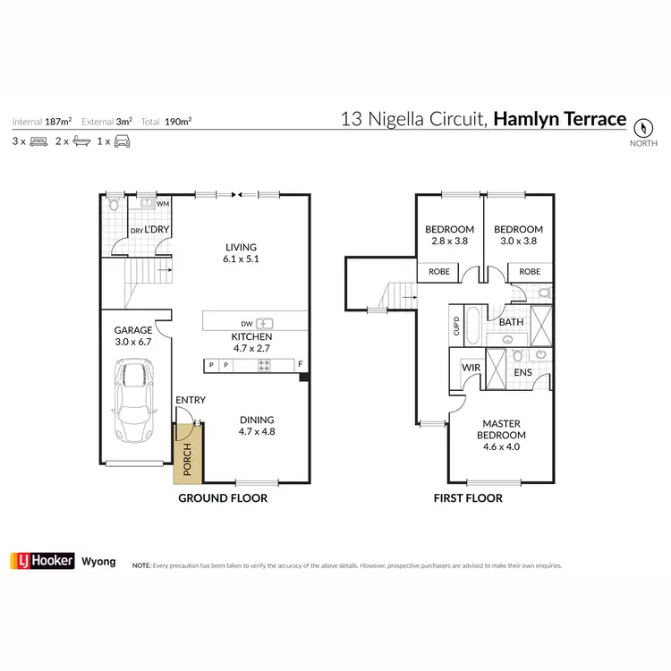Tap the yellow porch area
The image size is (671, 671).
click(188, 454)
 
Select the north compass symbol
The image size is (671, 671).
click(642, 127)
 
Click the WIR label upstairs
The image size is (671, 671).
click(471, 368)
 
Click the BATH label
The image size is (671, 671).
click(511, 322)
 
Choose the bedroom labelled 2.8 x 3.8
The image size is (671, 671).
click(448, 234)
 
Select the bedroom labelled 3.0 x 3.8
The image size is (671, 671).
click(517, 234)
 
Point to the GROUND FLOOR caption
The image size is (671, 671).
click(223, 498)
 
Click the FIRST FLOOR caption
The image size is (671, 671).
click(468, 498)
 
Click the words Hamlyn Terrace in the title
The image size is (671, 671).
click(559, 118)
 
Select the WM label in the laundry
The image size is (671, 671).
click(162, 204)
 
